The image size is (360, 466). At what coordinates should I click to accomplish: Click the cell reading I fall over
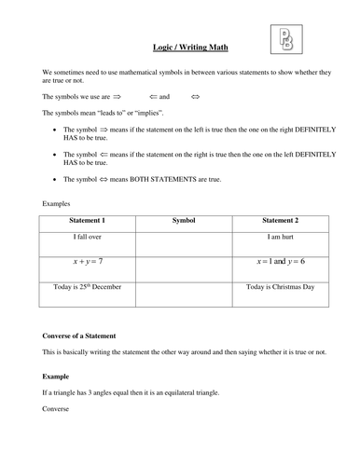(x=88, y=239)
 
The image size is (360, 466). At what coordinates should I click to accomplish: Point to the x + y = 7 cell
(x=88, y=262)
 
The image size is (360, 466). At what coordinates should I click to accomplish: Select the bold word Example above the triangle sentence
(x=57, y=376)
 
